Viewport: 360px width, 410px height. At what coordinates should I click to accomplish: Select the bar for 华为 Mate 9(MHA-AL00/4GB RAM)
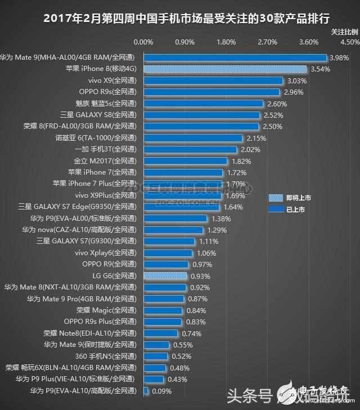(x=235, y=57)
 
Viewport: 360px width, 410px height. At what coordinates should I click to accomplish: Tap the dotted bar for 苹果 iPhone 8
(x=225, y=69)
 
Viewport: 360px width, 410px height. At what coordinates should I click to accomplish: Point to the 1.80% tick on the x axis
(x=226, y=42)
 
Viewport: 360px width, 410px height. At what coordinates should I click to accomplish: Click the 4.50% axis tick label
(x=350, y=42)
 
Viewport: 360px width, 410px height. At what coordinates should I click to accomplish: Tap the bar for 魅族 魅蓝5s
(x=203, y=104)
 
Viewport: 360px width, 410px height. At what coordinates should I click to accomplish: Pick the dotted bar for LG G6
(x=165, y=276)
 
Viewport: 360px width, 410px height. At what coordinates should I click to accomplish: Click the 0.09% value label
(x=161, y=391)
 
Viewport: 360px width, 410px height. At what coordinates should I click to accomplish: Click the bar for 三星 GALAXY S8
(x=201, y=115)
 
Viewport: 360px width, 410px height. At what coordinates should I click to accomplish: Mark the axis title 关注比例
(x=343, y=32)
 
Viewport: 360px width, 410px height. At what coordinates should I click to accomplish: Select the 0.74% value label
(x=191, y=333)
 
